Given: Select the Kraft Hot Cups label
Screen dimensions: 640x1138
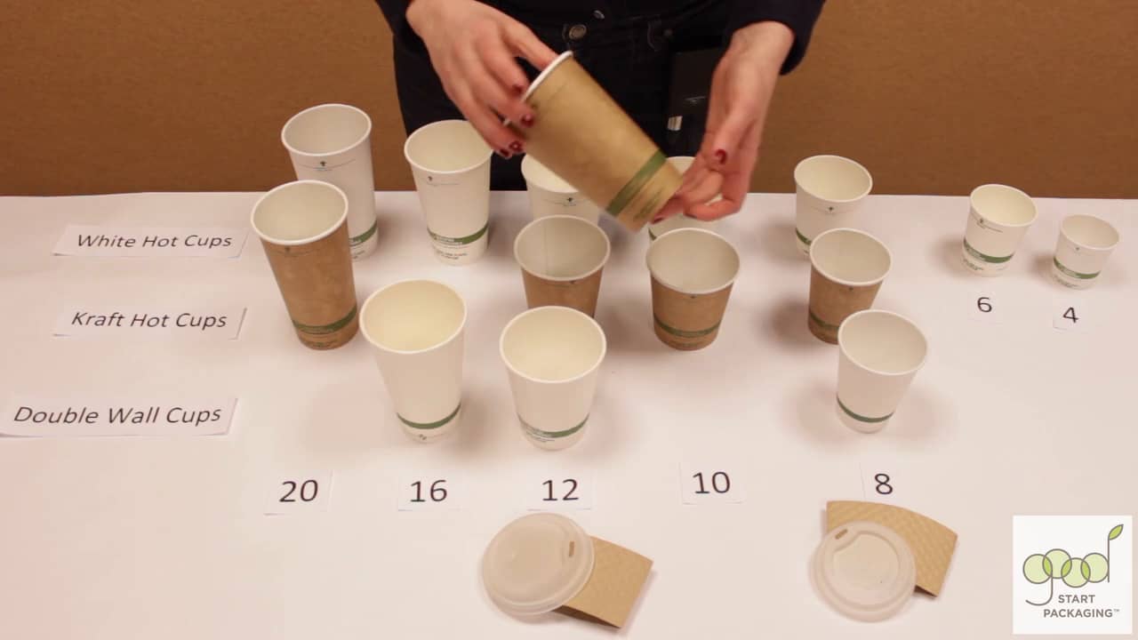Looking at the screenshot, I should [149, 320].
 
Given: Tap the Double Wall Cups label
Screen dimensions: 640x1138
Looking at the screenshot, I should [117, 415].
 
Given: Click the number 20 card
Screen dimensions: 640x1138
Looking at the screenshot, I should [299, 491].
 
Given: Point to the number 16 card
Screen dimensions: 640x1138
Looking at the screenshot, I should [429, 491].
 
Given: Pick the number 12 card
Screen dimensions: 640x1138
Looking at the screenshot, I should [560, 490].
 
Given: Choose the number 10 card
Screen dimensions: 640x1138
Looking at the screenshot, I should [711, 483].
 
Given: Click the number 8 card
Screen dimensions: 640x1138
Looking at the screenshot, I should [883, 484].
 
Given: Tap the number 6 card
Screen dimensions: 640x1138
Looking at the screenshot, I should [984, 304].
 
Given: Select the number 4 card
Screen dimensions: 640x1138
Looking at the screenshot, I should [1070, 315].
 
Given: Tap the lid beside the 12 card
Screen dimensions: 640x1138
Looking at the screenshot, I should [537, 562].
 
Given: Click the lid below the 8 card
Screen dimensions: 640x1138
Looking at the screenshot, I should [862, 569].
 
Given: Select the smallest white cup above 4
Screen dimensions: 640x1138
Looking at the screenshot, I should [1085, 250].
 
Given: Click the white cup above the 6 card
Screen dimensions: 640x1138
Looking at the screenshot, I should [998, 228].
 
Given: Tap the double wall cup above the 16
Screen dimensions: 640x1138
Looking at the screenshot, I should [415, 356].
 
